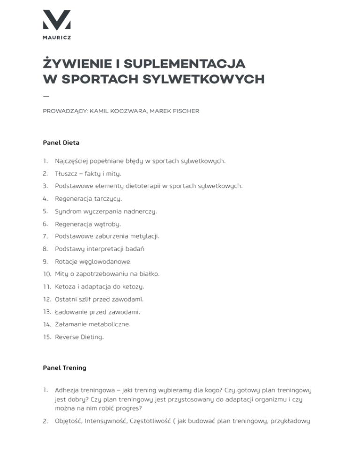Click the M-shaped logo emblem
point(57,20)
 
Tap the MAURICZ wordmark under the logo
point(57,38)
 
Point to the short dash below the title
point(45,96)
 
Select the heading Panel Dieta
point(61,143)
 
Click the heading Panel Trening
point(64,368)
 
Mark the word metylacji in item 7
point(144,236)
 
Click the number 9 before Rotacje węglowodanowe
point(45,262)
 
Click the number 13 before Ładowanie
point(46,312)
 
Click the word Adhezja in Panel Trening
point(68,390)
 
